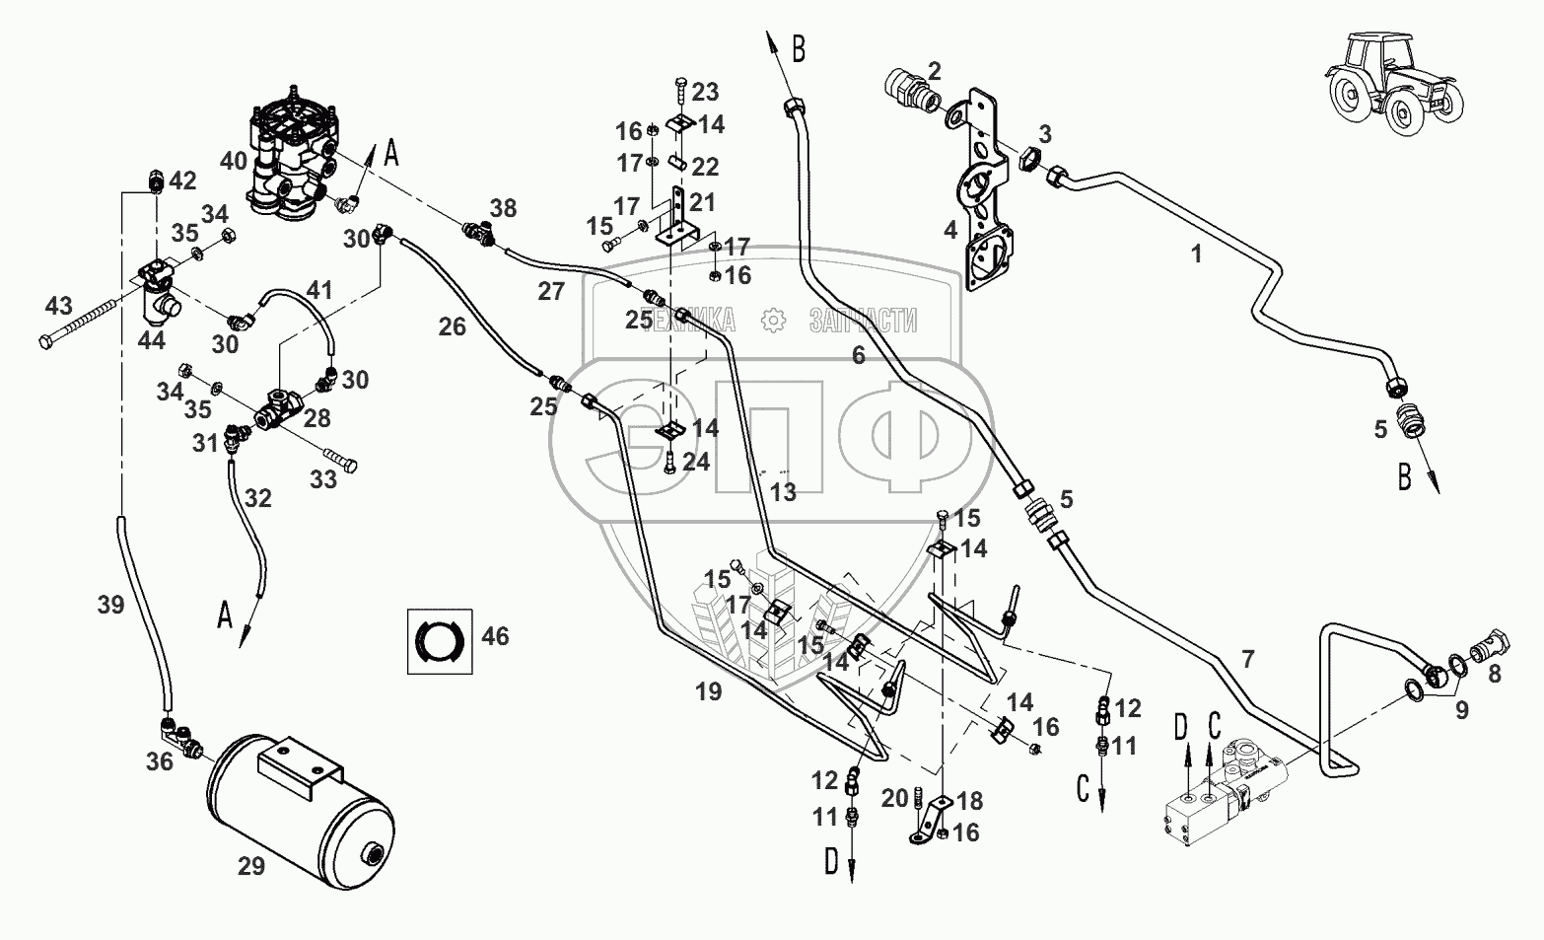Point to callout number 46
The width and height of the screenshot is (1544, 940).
(x=495, y=636)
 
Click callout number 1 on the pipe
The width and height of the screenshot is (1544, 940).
(x=1196, y=254)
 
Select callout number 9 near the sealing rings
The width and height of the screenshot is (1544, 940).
(x=1461, y=708)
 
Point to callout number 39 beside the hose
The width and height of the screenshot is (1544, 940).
(x=110, y=605)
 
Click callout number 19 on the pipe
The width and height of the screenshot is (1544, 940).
(x=708, y=691)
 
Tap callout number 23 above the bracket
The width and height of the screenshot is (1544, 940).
(x=704, y=92)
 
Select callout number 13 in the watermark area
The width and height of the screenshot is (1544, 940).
(x=783, y=491)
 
